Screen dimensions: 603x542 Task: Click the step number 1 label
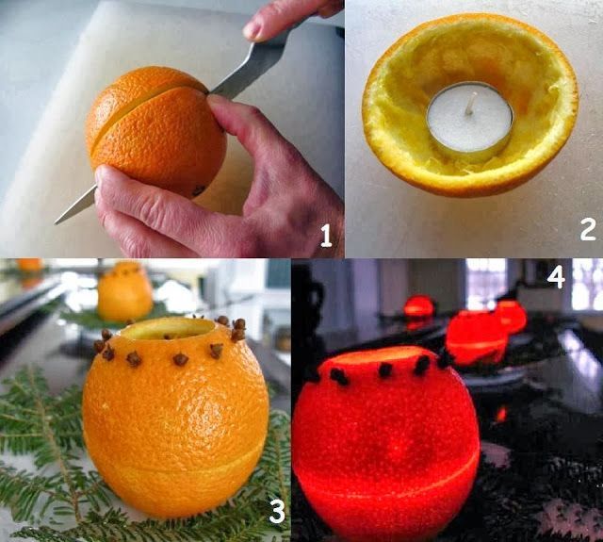(326, 236)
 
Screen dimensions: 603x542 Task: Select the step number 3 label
(277, 510)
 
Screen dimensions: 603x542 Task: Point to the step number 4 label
(556, 277)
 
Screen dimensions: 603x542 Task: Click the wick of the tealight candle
(469, 105)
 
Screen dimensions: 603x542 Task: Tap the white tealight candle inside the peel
(469, 122)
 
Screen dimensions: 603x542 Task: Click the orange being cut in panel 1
(155, 132)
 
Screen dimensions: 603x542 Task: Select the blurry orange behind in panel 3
(125, 292)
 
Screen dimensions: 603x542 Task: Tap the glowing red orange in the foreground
(385, 442)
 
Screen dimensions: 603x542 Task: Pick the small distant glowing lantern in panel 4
(418, 307)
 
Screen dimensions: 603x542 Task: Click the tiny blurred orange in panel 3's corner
(29, 265)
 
